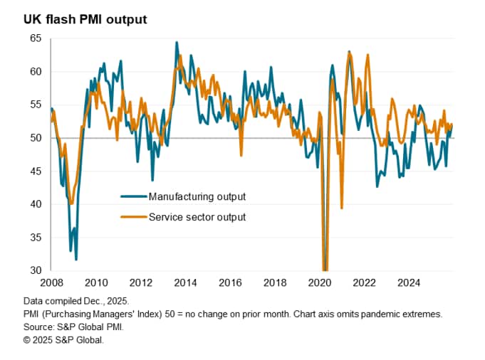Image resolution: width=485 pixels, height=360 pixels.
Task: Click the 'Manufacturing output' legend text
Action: [197, 196]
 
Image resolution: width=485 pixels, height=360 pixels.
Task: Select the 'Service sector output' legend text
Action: [197, 217]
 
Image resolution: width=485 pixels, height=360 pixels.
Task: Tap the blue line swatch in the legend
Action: [132, 196]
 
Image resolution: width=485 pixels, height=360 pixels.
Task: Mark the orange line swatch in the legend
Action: [132, 217]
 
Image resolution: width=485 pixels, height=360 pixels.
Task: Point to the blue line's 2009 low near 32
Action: [75, 259]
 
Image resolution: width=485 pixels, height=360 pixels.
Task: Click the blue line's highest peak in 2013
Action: [177, 43]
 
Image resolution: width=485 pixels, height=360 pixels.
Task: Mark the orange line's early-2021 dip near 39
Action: [342, 208]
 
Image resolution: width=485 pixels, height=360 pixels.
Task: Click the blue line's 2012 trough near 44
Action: [152, 180]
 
